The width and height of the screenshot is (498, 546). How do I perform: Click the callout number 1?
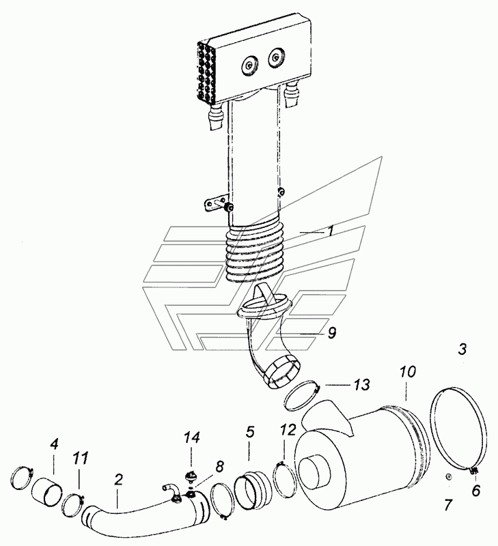pyautogui.click(x=331, y=231)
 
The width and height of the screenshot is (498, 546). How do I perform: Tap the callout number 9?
pyautogui.click(x=332, y=333)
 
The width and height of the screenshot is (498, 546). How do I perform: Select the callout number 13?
pyautogui.click(x=362, y=385)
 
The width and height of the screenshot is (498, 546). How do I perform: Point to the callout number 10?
pyautogui.click(x=408, y=372)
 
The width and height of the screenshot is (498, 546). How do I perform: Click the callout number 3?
pyautogui.click(x=462, y=349)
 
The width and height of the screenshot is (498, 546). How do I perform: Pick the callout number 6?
pyautogui.click(x=475, y=490)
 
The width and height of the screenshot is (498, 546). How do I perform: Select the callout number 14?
pyautogui.click(x=192, y=437)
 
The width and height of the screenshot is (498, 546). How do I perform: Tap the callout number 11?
pyautogui.click(x=81, y=458)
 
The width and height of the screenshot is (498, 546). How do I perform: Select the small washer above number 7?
pyautogui.click(x=449, y=476)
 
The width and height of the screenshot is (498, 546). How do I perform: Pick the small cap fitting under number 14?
pyautogui.click(x=191, y=475)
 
